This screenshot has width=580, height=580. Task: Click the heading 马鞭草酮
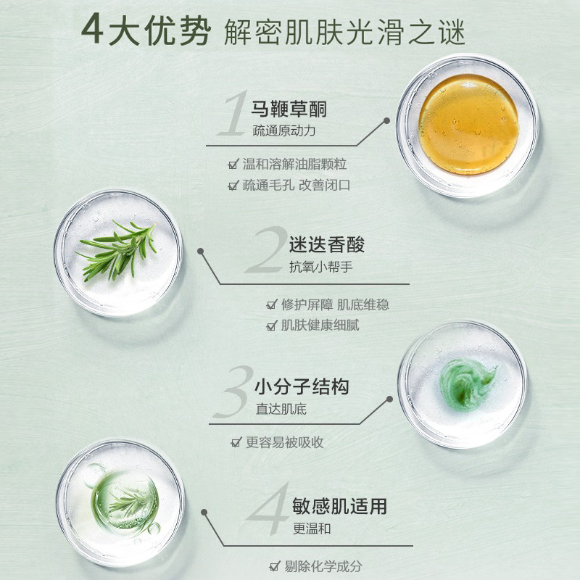(x=289, y=109)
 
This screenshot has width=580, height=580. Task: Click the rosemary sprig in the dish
(x=117, y=249)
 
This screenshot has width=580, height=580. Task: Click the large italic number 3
(x=233, y=391)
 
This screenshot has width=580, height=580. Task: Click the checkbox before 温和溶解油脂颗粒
(x=233, y=165)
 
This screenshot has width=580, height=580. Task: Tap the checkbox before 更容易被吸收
(x=235, y=442)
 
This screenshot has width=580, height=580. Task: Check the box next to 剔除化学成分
(x=274, y=565)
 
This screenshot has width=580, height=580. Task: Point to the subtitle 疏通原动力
(x=285, y=132)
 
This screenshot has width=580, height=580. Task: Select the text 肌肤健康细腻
(x=320, y=325)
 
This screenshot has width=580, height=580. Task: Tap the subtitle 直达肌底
(x=281, y=409)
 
